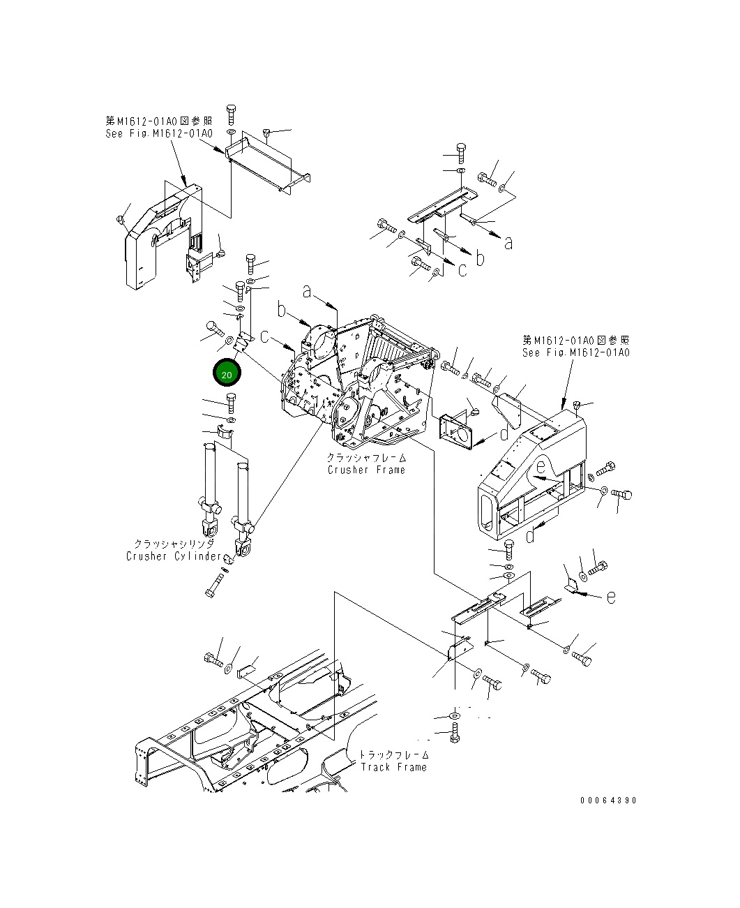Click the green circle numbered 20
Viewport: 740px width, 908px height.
point(227,374)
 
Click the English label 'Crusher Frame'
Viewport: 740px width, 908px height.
point(366,470)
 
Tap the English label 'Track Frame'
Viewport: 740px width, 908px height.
point(393,768)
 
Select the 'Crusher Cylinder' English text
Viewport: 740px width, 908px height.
point(174,557)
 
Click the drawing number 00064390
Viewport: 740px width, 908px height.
point(608,801)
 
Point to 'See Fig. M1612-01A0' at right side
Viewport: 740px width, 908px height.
point(576,352)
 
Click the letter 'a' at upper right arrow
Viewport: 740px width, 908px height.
point(508,243)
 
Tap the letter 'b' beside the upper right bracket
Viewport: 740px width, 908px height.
point(480,258)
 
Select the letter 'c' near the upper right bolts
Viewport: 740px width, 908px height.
point(462,270)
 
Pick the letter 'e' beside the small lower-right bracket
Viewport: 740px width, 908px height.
point(611,597)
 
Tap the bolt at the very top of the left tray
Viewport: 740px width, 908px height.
point(231,113)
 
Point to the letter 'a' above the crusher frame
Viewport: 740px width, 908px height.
point(307,291)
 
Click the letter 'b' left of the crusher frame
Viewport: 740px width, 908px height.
point(282,310)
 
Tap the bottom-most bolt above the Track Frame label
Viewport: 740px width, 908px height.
point(455,731)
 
